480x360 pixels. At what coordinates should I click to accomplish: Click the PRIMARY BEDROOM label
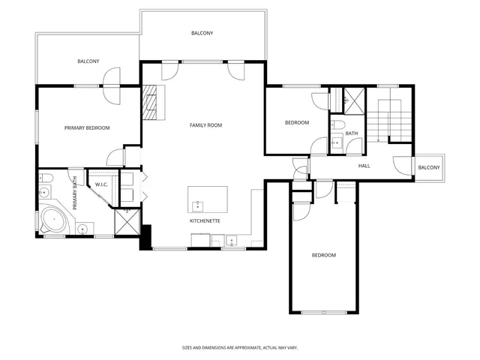pyautogui.click(x=87, y=128)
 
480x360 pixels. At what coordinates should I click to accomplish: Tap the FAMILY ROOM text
pyautogui.click(x=205, y=125)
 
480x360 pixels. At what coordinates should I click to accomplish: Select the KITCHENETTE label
pyautogui.click(x=204, y=221)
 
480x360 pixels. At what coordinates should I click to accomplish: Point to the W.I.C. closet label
pyautogui.click(x=101, y=184)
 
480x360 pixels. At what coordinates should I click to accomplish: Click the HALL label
pyautogui.click(x=364, y=166)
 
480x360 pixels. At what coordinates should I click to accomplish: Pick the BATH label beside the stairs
pyautogui.click(x=352, y=133)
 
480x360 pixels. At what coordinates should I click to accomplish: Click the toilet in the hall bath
pyautogui.click(x=338, y=124)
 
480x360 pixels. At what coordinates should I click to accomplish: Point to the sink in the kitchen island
pyautogui.click(x=198, y=204)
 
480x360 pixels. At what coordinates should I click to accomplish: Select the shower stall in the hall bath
pyautogui.click(x=353, y=97)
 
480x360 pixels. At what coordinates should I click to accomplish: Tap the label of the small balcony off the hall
pyautogui.click(x=429, y=167)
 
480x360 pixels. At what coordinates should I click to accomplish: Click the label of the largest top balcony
pyautogui.click(x=202, y=33)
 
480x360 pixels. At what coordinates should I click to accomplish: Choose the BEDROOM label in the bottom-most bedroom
pyautogui.click(x=323, y=256)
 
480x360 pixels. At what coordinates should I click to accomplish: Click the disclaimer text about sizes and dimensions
pyautogui.click(x=240, y=347)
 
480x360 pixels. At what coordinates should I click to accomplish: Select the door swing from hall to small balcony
pyautogui.click(x=403, y=166)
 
